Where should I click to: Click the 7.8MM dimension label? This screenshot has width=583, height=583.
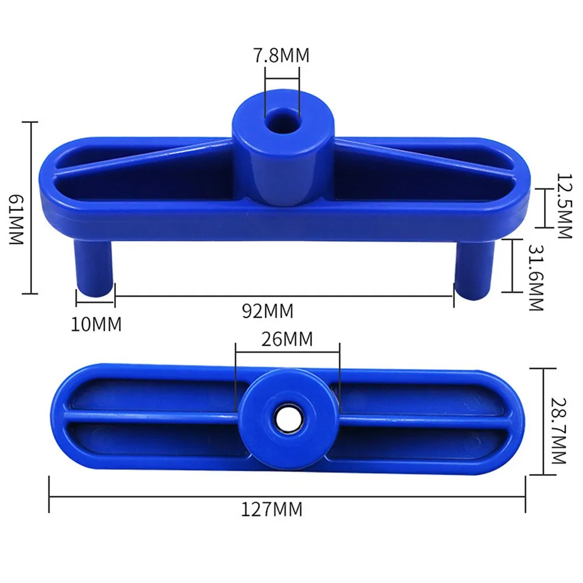click(x=282, y=56)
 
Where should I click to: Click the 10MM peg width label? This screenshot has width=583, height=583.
click(x=96, y=324)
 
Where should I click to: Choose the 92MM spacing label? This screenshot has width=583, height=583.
click(x=268, y=311)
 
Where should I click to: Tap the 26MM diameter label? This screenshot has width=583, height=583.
click(x=287, y=338)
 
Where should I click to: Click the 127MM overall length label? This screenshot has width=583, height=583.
click(x=273, y=510)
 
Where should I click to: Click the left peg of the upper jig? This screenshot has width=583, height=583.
click(x=93, y=268)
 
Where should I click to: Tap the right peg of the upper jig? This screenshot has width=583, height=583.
click(x=474, y=268)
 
